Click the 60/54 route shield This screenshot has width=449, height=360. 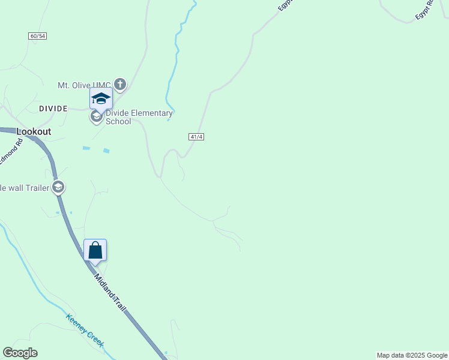(x=37, y=36)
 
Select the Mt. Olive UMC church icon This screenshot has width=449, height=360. (x=120, y=84)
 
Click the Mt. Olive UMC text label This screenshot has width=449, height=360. (x=84, y=85)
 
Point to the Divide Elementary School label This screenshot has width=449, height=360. (x=139, y=117)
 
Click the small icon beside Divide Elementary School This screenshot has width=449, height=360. (x=97, y=117)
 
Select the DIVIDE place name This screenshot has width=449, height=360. (x=53, y=109)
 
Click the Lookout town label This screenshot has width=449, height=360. (x=34, y=131)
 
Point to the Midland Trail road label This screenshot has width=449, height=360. (x=110, y=292)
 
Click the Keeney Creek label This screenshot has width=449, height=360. (x=85, y=331)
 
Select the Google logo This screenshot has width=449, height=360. (x=20, y=353)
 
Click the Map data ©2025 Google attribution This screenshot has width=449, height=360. (x=412, y=355)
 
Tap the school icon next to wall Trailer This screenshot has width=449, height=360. (x=58, y=188)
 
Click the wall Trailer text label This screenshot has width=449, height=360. (x=24, y=188)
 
